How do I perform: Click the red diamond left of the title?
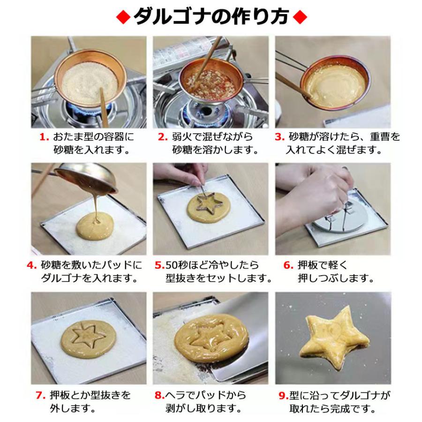coord(122,17)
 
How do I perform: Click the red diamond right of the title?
coord(299,17)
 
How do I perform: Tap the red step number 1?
coord(44,137)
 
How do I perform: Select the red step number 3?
coord(279,137)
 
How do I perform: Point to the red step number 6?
coord(288,265)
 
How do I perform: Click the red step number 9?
coord(283,395)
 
